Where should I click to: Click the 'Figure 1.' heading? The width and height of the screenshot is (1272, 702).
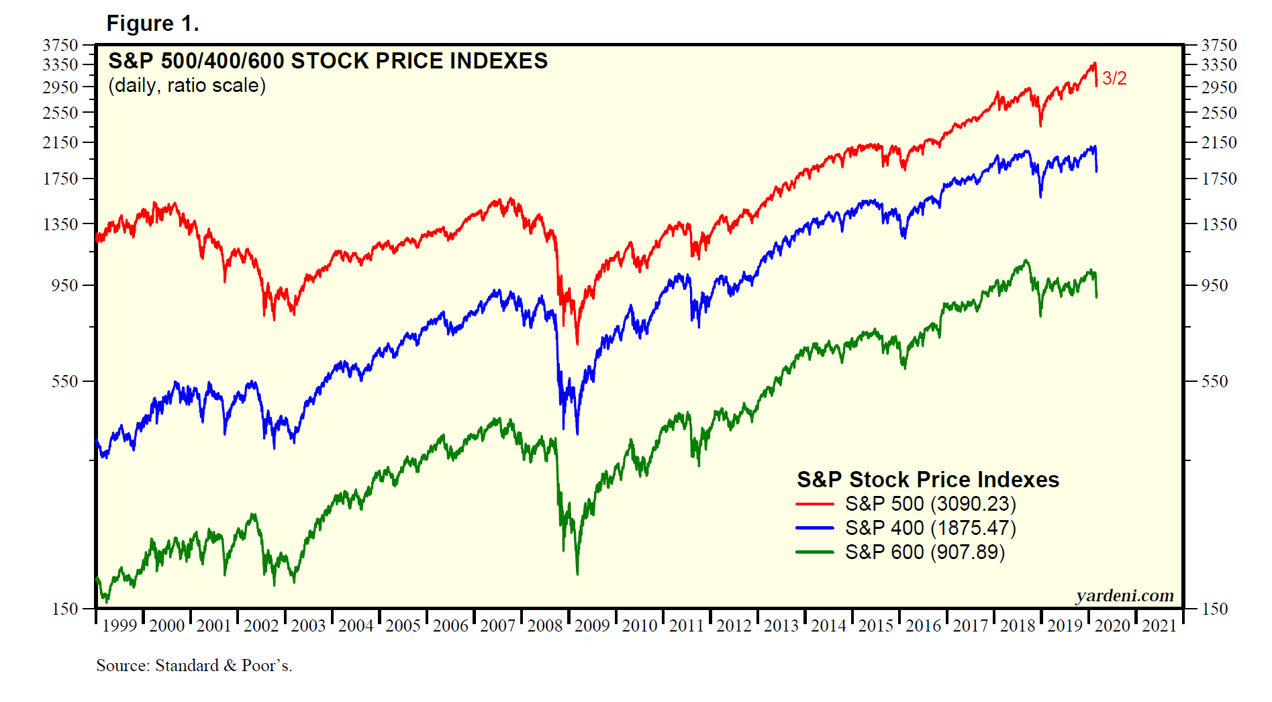pos(152,23)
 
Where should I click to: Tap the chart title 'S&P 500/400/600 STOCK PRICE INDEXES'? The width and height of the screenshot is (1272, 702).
pos(328,61)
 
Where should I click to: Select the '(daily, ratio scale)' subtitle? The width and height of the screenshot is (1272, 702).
pos(187,86)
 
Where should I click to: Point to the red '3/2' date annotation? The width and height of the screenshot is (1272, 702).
pos(1114,79)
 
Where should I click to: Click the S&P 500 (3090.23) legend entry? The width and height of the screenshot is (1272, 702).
pos(930,503)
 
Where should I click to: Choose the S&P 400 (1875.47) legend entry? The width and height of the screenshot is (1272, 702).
pos(930,528)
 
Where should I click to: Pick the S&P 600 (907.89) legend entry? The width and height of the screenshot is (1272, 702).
pos(924,552)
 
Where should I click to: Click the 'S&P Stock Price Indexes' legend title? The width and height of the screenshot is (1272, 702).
pos(928,479)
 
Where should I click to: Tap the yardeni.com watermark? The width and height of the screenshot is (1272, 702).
pos(1124,595)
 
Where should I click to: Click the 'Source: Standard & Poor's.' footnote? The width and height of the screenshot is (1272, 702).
pos(194,665)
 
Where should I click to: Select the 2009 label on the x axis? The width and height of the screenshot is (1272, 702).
pos(592,625)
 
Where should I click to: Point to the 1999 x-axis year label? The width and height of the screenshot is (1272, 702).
pos(119,625)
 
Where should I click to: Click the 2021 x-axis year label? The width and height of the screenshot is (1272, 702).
pos(1159,625)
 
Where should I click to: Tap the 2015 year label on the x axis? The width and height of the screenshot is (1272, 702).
pos(876,625)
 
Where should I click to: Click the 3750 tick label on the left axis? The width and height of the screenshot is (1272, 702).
pos(60,45)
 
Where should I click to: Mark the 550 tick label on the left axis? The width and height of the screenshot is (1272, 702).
pos(65,381)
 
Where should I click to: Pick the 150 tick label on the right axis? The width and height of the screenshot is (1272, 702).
pos(1214,609)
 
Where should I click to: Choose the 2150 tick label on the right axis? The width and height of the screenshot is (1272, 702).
pos(1218,142)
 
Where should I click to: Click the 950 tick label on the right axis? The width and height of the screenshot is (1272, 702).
pos(1214,285)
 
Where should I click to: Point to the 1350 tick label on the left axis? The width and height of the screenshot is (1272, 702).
pos(60,224)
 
